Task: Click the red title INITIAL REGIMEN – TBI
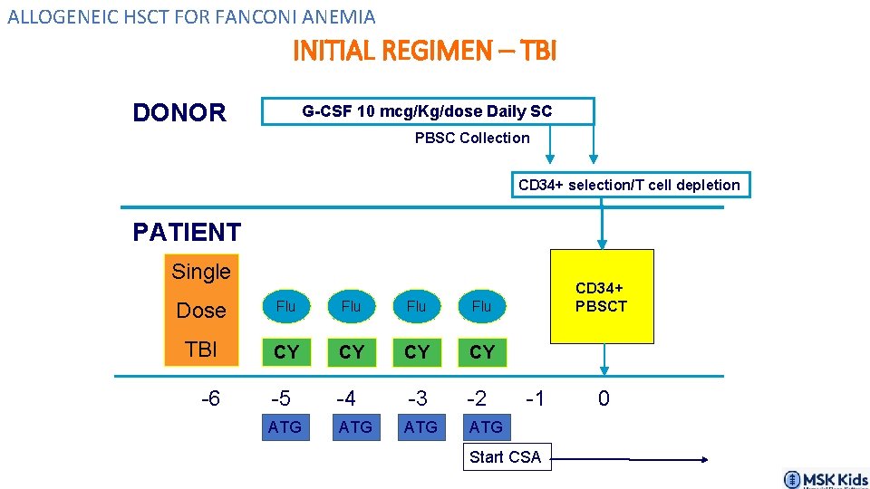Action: point(424,51)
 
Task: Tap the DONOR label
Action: point(179,113)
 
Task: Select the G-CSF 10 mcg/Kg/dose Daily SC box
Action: point(427,111)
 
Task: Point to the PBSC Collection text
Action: point(472,138)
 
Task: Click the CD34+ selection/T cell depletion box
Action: point(630,185)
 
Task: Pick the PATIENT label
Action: point(187,233)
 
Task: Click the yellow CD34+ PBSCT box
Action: point(601,297)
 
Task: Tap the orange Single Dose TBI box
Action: point(201,310)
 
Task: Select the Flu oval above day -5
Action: point(285,307)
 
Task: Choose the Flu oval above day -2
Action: point(481,307)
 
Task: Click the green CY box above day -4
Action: point(352,351)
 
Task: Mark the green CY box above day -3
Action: point(417,351)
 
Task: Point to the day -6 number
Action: point(210,398)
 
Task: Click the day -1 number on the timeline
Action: point(536,398)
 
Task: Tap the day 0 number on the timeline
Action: point(604,398)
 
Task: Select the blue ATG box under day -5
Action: point(285,427)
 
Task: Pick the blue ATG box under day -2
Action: point(486,427)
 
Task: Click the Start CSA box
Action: point(505,457)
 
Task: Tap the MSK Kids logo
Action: point(825,479)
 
